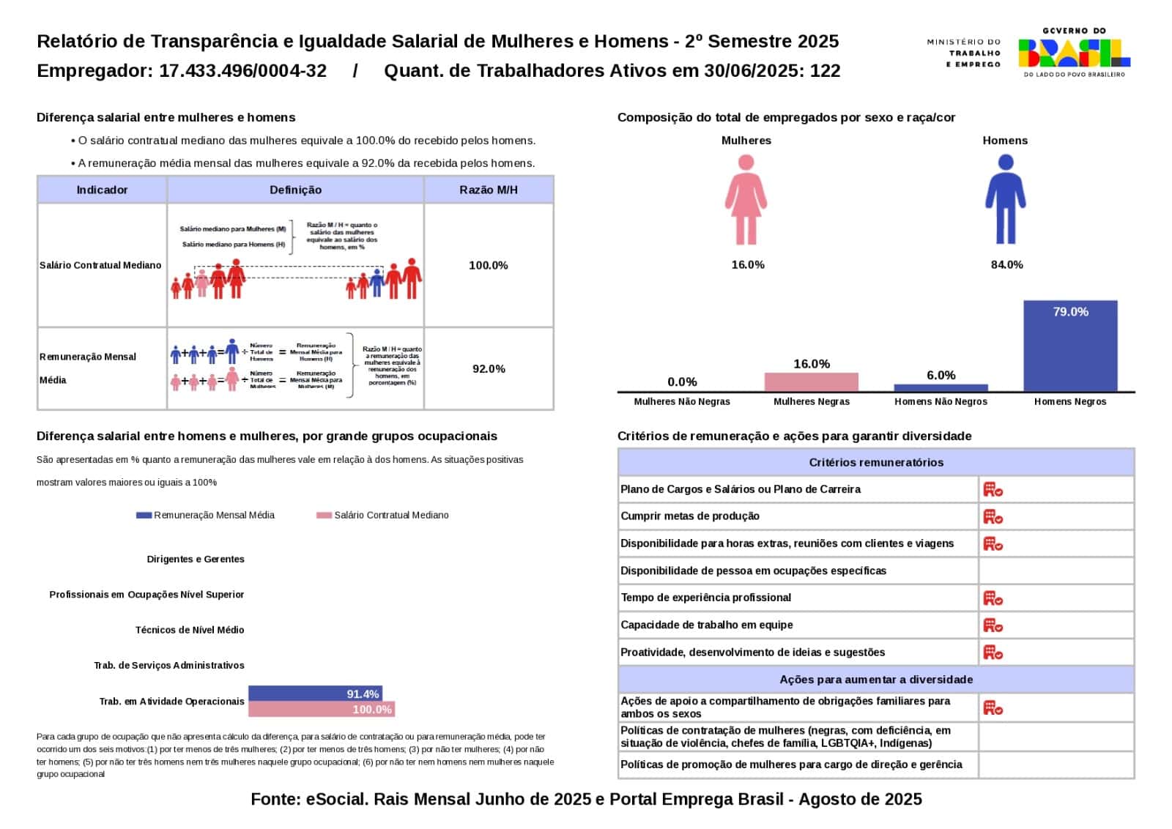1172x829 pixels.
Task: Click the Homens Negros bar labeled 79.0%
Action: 1070,346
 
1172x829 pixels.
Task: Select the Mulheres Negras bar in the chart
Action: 811,382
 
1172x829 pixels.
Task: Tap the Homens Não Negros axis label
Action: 941,401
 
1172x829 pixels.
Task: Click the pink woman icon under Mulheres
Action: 746,200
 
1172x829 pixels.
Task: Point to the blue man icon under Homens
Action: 1005,200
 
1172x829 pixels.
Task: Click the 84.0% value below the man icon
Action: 1006,264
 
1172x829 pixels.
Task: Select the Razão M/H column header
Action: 489,190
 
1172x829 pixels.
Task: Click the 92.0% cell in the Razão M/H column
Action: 489,368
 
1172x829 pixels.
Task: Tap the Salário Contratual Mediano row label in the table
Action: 100,265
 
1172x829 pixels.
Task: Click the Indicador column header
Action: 102,190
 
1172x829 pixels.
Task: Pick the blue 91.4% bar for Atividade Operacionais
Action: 315,694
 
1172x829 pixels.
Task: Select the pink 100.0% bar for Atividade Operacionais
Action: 321,709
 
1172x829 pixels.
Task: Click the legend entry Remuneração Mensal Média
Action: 206,515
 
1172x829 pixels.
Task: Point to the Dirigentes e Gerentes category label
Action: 196,559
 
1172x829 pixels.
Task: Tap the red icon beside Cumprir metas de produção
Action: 993,516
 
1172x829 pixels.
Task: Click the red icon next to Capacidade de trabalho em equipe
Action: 993,625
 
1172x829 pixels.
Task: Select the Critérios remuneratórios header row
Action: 876,462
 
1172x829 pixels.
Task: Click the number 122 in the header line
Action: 825,71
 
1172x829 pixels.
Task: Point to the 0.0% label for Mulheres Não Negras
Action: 682,382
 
